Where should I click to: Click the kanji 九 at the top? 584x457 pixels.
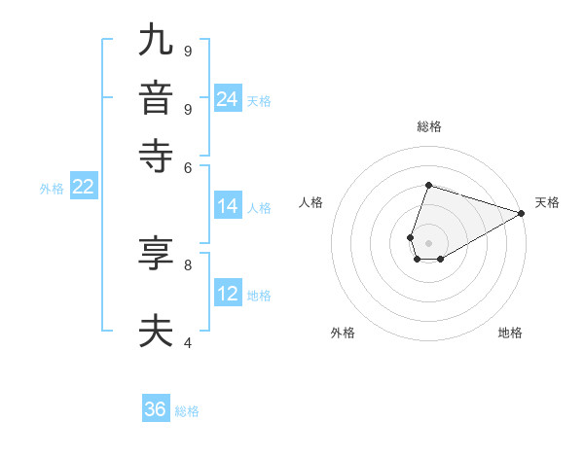point(157,41)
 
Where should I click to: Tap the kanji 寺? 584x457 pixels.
point(157,156)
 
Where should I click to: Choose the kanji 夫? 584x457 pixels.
point(157,332)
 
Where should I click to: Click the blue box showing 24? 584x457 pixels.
point(227,99)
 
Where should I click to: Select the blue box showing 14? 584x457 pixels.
point(227,206)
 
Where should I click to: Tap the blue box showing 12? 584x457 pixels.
point(227,294)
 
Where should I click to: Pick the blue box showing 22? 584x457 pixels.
point(83,188)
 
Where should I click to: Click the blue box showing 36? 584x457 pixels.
point(156,409)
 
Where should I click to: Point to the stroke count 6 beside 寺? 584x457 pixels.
point(188,166)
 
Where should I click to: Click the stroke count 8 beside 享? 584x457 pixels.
point(188,264)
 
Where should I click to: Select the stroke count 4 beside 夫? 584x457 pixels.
point(188,341)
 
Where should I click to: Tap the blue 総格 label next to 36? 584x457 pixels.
point(187,411)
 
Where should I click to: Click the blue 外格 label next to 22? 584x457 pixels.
point(52,189)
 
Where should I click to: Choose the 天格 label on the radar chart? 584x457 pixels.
point(547,202)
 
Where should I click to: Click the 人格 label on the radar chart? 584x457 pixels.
point(311,202)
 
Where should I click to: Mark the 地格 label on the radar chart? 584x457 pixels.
point(510,333)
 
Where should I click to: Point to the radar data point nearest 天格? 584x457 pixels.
point(522,213)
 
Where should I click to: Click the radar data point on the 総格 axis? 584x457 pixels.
point(428,185)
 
